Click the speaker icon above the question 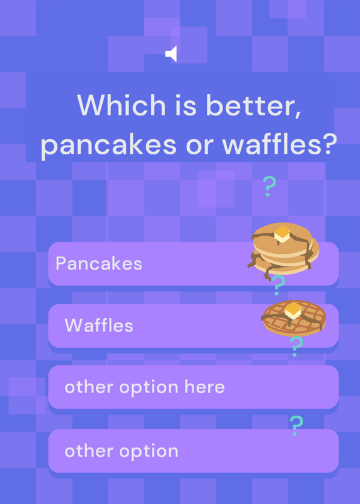171,54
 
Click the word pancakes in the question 108,146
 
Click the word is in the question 185,105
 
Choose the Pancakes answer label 99,264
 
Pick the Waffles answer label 99,325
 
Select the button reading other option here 194,387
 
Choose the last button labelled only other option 194,451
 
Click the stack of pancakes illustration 284,249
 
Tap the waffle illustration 294,318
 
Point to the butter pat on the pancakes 282,234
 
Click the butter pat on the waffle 293,311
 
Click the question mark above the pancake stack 269,186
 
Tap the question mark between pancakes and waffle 278,285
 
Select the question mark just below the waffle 296,346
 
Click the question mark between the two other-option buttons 296,426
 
